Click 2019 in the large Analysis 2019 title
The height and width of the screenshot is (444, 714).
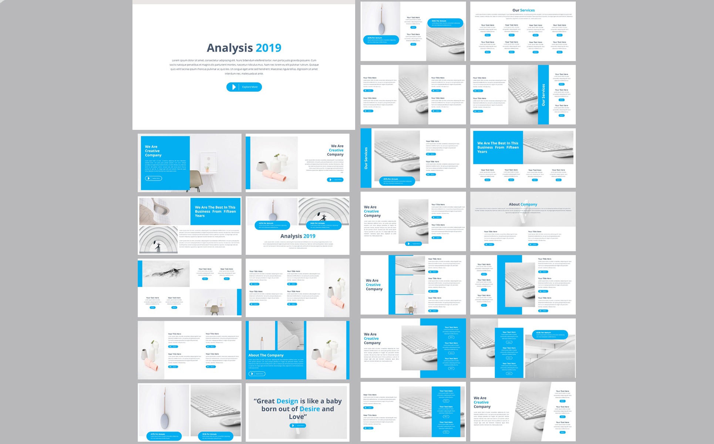coord(269,48)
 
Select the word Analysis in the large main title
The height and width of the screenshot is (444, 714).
coord(229,48)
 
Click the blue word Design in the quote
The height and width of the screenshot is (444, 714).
coord(287,401)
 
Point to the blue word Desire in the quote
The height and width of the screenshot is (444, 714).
coord(310,409)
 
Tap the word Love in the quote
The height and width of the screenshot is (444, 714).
coord(296,417)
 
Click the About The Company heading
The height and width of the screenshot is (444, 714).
coord(266,355)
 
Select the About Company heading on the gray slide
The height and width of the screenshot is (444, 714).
coord(523,204)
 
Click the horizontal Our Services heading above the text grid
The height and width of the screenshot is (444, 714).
coord(523,10)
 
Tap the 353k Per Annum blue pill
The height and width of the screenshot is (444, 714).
coord(216,435)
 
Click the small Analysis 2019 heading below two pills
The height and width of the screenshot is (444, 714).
coord(297,236)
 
